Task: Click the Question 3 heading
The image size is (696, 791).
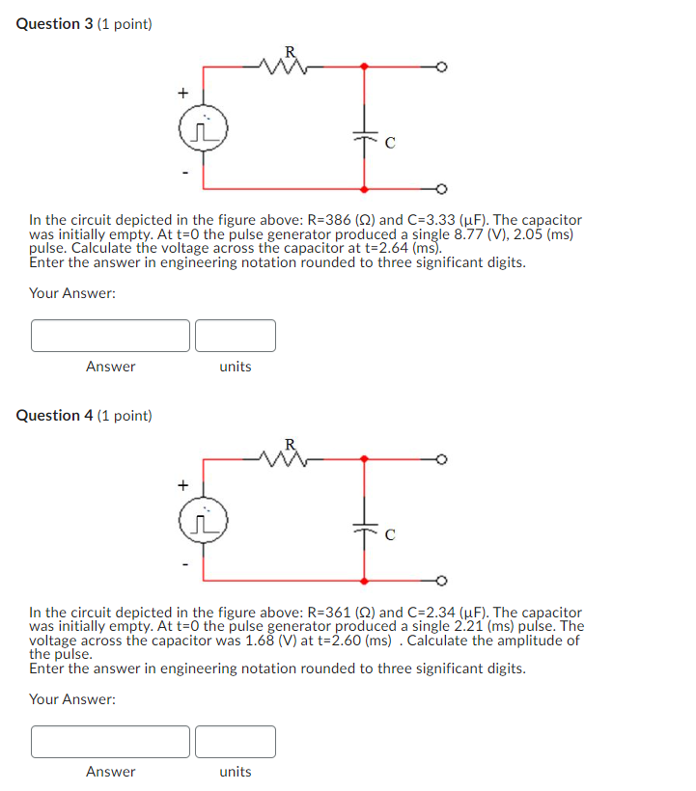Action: (x=84, y=23)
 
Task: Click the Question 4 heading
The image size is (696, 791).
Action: (x=84, y=416)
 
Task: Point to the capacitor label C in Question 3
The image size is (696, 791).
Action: (x=389, y=145)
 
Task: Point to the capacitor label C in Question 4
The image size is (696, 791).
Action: (x=389, y=537)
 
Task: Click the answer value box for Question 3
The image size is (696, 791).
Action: (x=110, y=336)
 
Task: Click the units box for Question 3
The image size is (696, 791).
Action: (x=236, y=336)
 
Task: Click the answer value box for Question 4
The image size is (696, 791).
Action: (x=110, y=741)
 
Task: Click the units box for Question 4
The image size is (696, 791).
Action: (x=236, y=741)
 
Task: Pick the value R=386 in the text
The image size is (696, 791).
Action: (x=325, y=221)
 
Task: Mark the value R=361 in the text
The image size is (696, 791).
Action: (x=325, y=613)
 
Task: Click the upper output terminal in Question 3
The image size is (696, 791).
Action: (x=441, y=67)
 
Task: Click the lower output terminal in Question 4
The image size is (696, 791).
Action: (x=441, y=581)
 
